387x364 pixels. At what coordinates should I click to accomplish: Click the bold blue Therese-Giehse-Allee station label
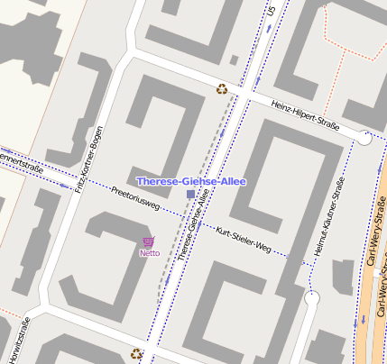click(x=190, y=181)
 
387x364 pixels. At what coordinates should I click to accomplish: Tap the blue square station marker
click(x=189, y=195)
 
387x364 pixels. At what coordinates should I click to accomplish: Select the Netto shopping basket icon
click(x=148, y=241)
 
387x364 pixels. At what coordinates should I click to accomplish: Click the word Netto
click(x=149, y=253)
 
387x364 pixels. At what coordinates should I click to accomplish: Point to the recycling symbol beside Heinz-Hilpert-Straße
click(x=221, y=88)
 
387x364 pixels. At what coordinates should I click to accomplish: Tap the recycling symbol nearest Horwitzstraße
click(x=137, y=354)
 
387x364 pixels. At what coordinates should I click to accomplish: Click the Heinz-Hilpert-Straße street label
click(x=305, y=117)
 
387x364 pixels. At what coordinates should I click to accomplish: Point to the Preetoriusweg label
click(x=135, y=199)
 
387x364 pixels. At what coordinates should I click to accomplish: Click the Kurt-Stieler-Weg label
click(x=244, y=239)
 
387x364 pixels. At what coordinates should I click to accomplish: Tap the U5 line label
click(x=271, y=11)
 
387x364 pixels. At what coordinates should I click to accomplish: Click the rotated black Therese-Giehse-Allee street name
click(x=189, y=232)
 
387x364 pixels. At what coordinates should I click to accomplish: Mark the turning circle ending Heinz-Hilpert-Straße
click(x=364, y=138)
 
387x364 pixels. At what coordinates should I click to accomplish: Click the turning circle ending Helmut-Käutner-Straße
click(x=313, y=297)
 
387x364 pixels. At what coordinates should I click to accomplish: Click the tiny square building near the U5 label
click(x=235, y=60)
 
